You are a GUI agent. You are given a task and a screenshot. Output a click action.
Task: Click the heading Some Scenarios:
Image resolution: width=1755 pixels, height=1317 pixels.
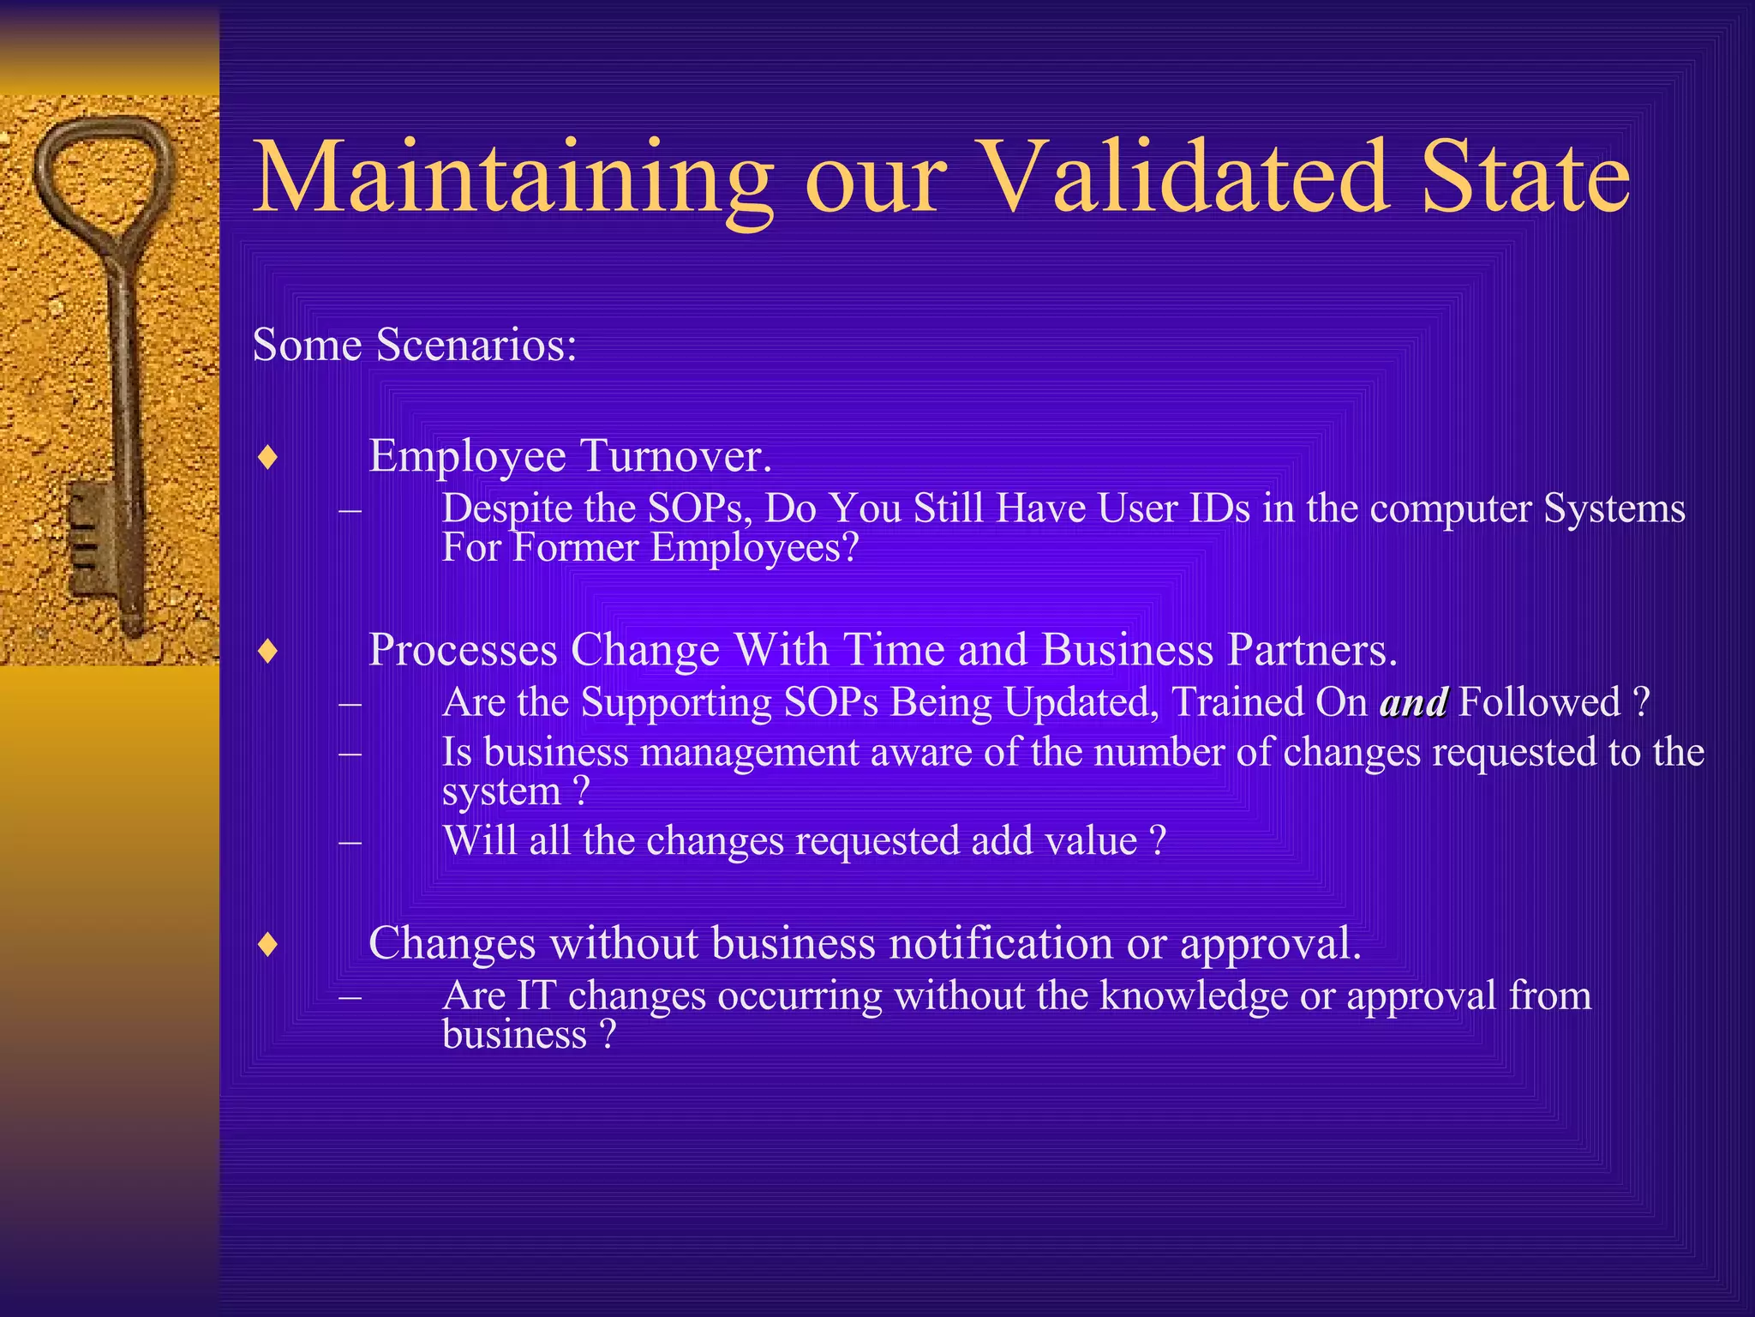pyautogui.click(x=415, y=346)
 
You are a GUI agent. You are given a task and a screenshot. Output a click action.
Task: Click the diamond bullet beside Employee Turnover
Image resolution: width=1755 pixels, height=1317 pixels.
pyautogui.click(x=268, y=457)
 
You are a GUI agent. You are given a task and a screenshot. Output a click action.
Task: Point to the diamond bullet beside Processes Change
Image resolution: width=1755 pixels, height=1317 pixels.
pyautogui.click(x=268, y=651)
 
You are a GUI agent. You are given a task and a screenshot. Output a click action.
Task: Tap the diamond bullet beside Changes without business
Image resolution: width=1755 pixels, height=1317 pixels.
pyautogui.click(x=268, y=944)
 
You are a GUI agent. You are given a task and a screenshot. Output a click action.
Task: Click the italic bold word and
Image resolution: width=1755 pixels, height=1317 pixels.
pyautogui.click(x=1414, y=703)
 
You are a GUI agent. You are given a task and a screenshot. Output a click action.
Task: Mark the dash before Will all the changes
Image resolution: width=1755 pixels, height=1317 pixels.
pyautogui.click(x=350, y=841)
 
